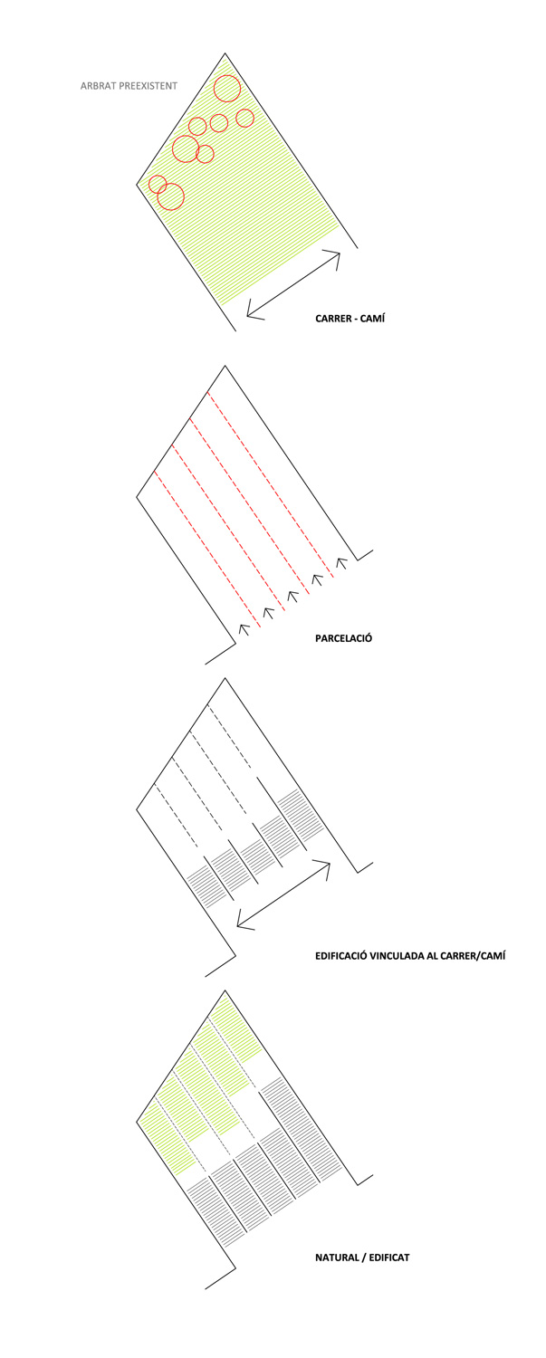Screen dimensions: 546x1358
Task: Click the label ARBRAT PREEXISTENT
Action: click(129, 86)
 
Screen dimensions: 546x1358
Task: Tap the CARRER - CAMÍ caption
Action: click(350, 319)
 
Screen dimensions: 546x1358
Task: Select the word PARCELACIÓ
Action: click(343, 638)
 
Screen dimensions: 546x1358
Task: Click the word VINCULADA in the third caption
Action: click(398, 956)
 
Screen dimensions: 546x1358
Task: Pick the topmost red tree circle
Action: click(227, 89)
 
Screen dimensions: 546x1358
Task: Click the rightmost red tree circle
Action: click(244, 118)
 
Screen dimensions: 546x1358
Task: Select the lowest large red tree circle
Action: click(170, 196)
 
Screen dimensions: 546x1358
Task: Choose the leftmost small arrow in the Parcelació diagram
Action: click(244, 629)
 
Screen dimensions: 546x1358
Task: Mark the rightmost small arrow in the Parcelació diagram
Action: click(341, 562)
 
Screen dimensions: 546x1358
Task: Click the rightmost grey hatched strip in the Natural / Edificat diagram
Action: click(299, 1131)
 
